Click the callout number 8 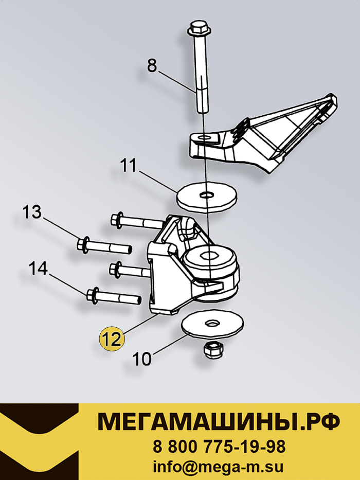(152, 66)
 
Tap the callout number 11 (128, 166)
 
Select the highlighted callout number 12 (112, 339)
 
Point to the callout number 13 (32, 212)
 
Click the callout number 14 (38, 268)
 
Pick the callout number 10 (142, 359)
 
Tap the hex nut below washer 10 (214, 350)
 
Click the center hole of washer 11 (207, 194)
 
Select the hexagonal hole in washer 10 (212, 322)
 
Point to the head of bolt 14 (93, 296)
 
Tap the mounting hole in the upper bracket (205, 138)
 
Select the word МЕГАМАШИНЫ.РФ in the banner (219, 421)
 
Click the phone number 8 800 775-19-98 (219, 447)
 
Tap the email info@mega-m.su (218, 468)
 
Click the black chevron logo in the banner (39, 441)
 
